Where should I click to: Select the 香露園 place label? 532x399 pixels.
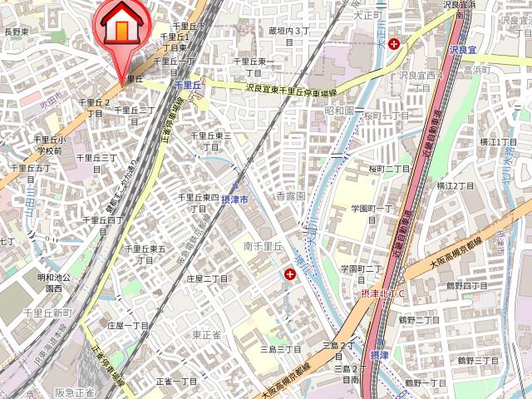pos(290,197)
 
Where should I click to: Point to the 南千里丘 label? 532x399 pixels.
pos(264,246)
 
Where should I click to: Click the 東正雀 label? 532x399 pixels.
pos(207,334)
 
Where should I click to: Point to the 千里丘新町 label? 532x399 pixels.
pos(48,313)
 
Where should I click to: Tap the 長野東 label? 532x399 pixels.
pos(17,32)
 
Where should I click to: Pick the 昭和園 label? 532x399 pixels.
pos(340,110)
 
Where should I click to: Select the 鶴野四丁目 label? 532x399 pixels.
pos(466,286)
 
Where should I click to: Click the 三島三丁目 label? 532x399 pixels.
pos(280,350)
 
